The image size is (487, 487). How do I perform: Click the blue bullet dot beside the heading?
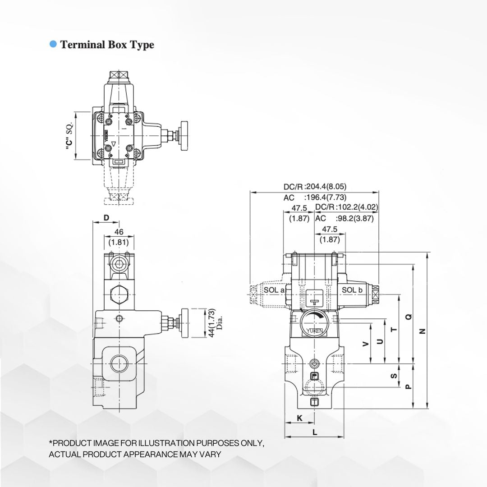[x=53, y=44]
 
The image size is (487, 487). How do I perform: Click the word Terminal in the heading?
[x=83, y=44]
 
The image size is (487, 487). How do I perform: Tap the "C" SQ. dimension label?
[x=69, y=136]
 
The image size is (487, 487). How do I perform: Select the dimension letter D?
[x=106, y=218]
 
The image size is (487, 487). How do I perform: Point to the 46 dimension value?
[x=119, y=232]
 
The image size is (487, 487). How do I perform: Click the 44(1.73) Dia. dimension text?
[x=215, y=323]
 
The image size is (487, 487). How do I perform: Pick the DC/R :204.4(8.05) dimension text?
[x=315, y=187]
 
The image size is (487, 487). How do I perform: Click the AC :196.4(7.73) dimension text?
[x=315, y=198]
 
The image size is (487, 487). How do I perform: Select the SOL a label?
[x=274, y=290]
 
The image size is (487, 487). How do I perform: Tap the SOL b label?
[x=352, y=290]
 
